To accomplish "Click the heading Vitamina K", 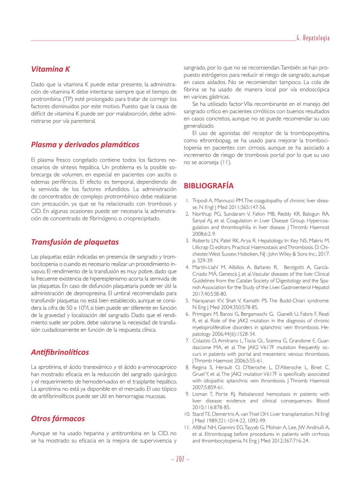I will tap(50, 69).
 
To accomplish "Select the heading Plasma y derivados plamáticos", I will tap(85, 145).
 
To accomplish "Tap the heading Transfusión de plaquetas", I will tap(75, 242).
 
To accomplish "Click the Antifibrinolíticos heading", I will tap(60, 352).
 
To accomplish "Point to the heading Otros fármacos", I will tap(58, 419).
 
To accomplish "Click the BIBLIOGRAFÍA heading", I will tap(209, 186).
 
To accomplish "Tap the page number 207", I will tap(180, 460).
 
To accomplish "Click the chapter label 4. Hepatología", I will tap(313, 38).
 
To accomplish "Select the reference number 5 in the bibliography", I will tap(187, 301).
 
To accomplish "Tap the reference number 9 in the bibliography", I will tap(187, 394).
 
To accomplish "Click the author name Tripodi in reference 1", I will tap(200, 201).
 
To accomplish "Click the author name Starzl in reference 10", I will tap(197, 414).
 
